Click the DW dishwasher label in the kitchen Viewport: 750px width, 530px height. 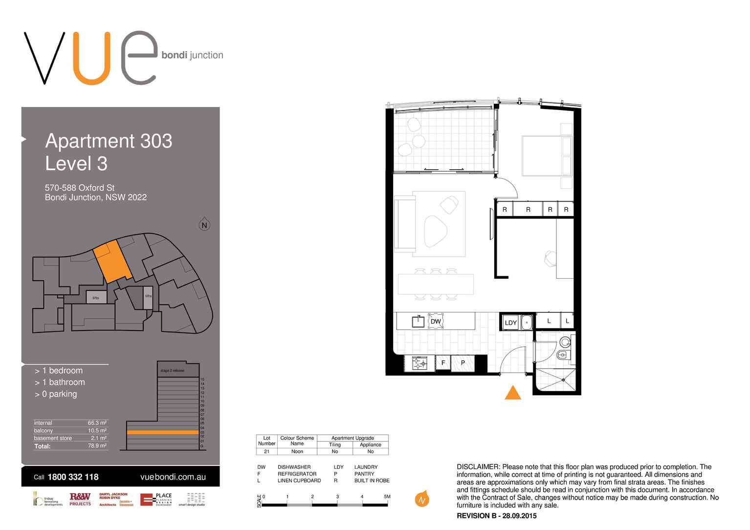click(x=435, y=321)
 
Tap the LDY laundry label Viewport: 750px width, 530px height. click(x=510, y=323)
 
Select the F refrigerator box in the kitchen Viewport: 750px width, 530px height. click(x=443, y=363)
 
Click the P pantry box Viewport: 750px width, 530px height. click(x=463, y=363)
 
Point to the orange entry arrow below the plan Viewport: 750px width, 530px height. click(x=512, y=393)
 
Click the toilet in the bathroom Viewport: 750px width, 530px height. click(x=562, y=354)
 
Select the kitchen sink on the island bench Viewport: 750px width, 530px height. click(x=419, y=321)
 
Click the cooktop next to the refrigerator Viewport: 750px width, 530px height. click(x=419, y=363)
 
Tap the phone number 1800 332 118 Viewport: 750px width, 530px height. click(x=73, y=477)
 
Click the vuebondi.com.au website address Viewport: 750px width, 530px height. click(x=173, y=477)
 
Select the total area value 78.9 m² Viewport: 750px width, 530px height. click(x=97, y=446)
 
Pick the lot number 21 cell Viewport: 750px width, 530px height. click(x=266, y=452)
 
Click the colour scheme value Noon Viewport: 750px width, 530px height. click(x=297, y=452)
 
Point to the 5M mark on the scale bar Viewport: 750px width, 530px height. click(x=387, y=497)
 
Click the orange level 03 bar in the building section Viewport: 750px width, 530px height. click(x=162, y=432)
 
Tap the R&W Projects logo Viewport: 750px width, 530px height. click(x=80, y=499)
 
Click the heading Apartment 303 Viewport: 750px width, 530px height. click(x=109, y=141)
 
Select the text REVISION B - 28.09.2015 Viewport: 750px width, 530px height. click(x=496, y=516)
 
